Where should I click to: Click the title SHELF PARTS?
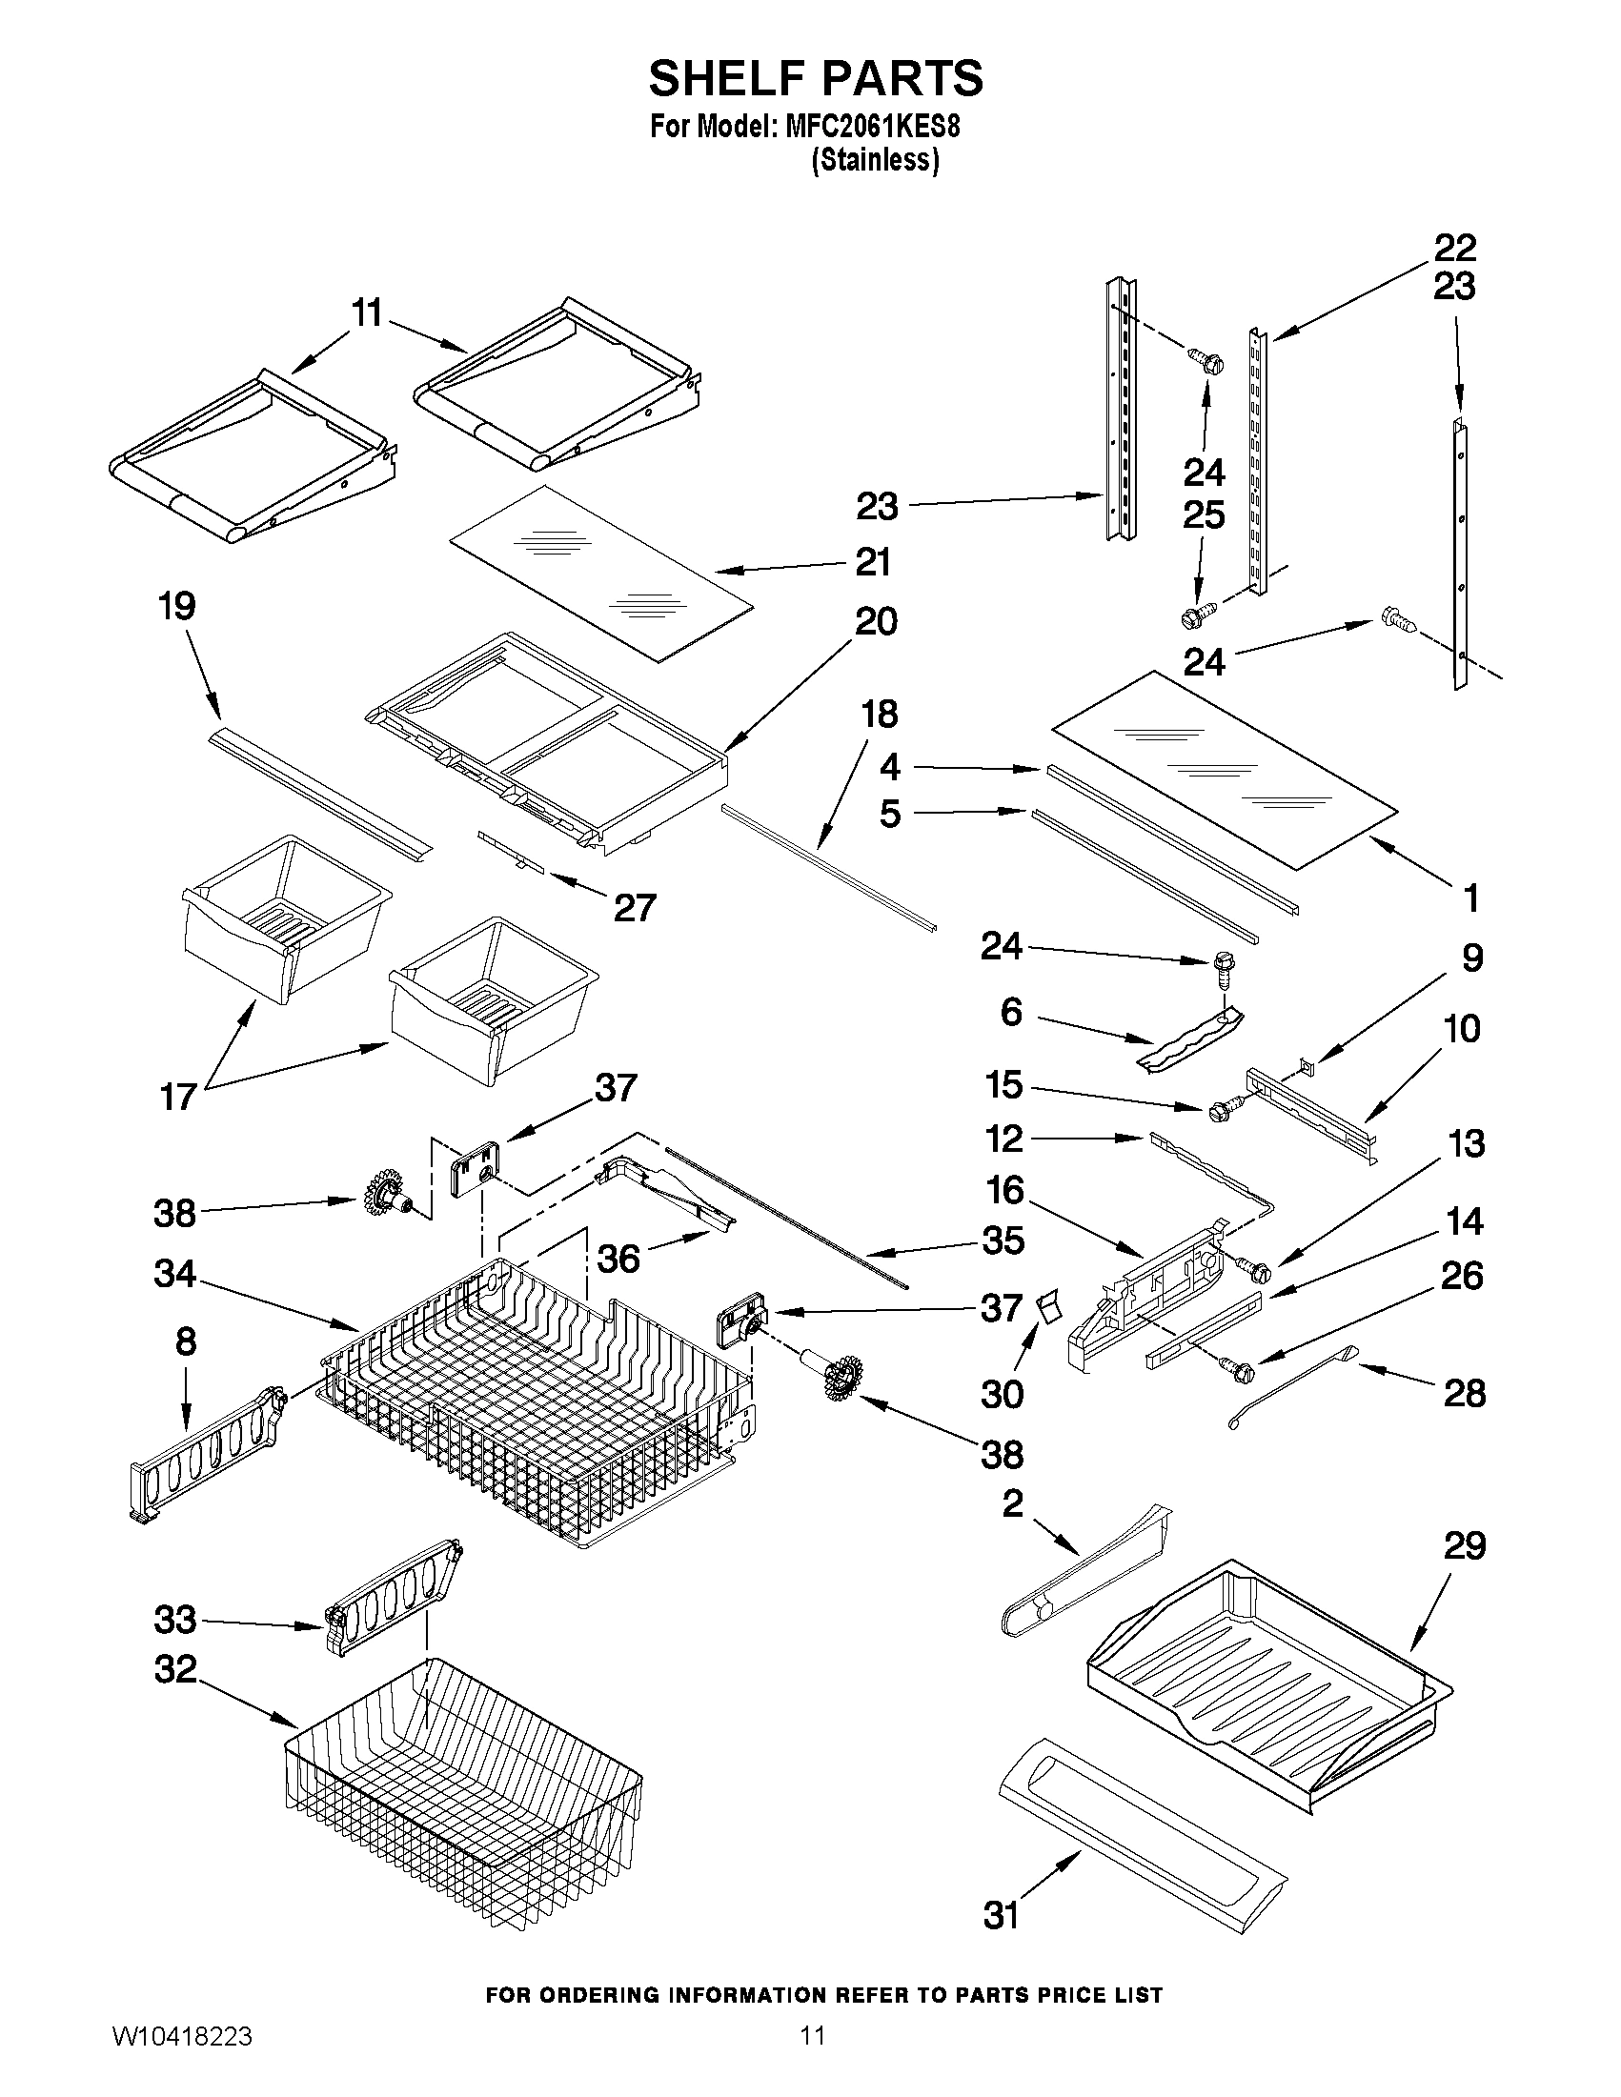point(816,79)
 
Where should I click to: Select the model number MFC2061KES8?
point(872,128)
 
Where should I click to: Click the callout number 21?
point(873,563)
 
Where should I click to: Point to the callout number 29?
point(1464,1546)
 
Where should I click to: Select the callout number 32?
point(174,1670)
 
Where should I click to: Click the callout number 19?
point(177,606)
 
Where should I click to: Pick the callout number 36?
point(618,1258)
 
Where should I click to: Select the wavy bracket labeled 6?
point(1189,1035)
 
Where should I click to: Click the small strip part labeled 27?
point(511,850)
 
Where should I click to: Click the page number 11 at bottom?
point(813,2058)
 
